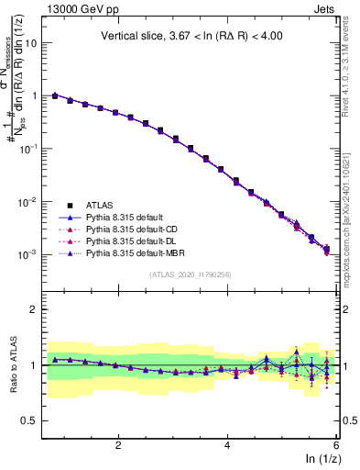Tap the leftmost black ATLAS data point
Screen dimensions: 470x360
[x=55, y=95]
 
